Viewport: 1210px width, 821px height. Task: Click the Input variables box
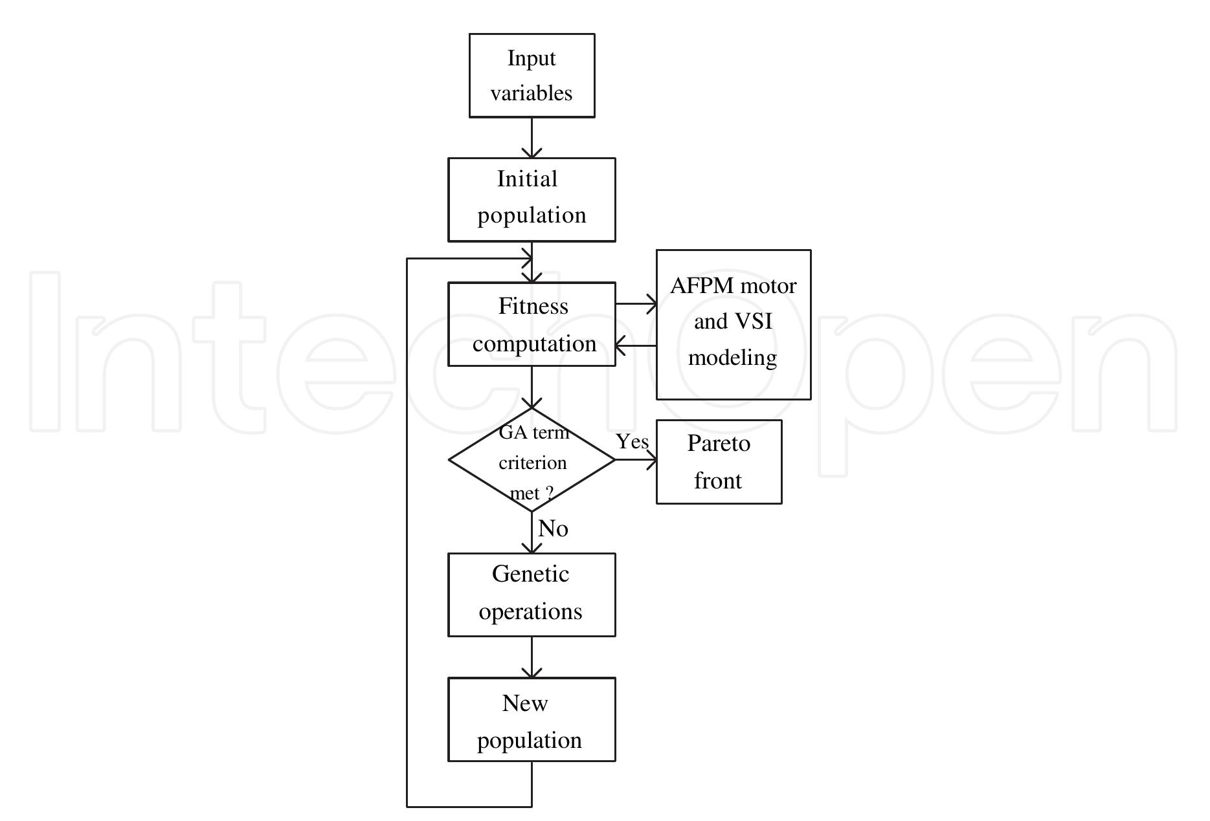pos(532,76)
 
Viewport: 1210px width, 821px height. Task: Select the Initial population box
pos(532,199)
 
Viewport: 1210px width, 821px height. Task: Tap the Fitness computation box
pos(532,324)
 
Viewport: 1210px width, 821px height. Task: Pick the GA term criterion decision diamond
pos(532,460)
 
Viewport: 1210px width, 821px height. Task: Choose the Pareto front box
pos(719,462)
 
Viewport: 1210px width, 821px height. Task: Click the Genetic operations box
pos(532,595)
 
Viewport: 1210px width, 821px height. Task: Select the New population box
pos(532,719)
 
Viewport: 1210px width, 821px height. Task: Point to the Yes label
pos(632,442)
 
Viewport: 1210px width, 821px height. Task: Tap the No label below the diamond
pos(553,529)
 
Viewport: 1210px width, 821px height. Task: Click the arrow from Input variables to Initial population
pos(532,138)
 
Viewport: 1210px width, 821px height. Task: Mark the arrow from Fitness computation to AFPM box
pos(636,303)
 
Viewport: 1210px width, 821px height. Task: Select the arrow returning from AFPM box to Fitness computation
pos(636,345)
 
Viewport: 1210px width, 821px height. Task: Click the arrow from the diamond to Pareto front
pos(636,460)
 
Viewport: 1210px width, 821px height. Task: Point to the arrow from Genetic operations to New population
pos(532,657)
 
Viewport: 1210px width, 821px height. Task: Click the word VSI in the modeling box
pos(753,322)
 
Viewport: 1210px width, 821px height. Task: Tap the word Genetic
pos(530,574)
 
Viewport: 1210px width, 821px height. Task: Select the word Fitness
pos(533,306)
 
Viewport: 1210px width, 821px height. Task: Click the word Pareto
pos(719,444)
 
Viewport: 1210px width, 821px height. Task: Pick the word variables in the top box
pos(532,93)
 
